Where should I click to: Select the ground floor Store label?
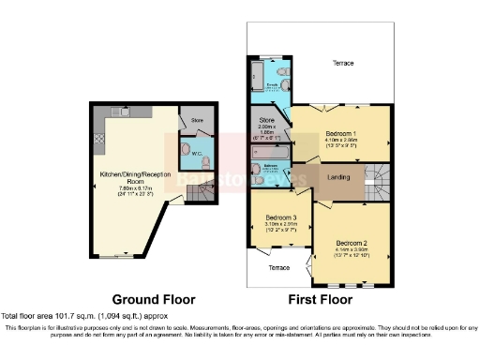197,120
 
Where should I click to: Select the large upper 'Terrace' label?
343,63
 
